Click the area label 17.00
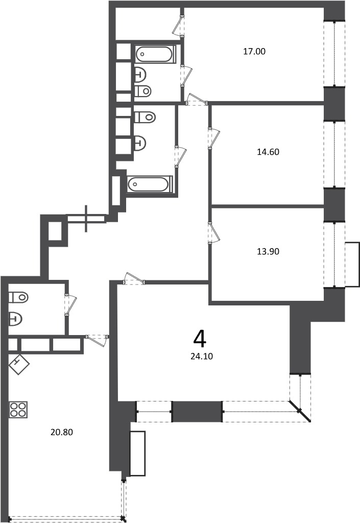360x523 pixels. (254, 52)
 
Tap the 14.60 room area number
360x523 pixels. (268, 152)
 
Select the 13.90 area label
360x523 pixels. (268, 251)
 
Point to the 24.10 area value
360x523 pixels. (202, 356)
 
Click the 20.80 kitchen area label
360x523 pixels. (62, 432)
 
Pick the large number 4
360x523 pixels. (200, 339)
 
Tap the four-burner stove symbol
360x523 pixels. (18, 410)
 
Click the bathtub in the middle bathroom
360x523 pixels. (150, 184)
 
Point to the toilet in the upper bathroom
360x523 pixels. (143, 90)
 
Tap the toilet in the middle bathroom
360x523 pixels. (145, 117)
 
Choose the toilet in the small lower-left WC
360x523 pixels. (18, 297)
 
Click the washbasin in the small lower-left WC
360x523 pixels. (15, 319)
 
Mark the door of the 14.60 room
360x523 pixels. (213, 138)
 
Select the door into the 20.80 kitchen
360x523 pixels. (97, 340)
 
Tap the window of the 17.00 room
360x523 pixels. (334, 54)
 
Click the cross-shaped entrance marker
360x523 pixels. (87, 219)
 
